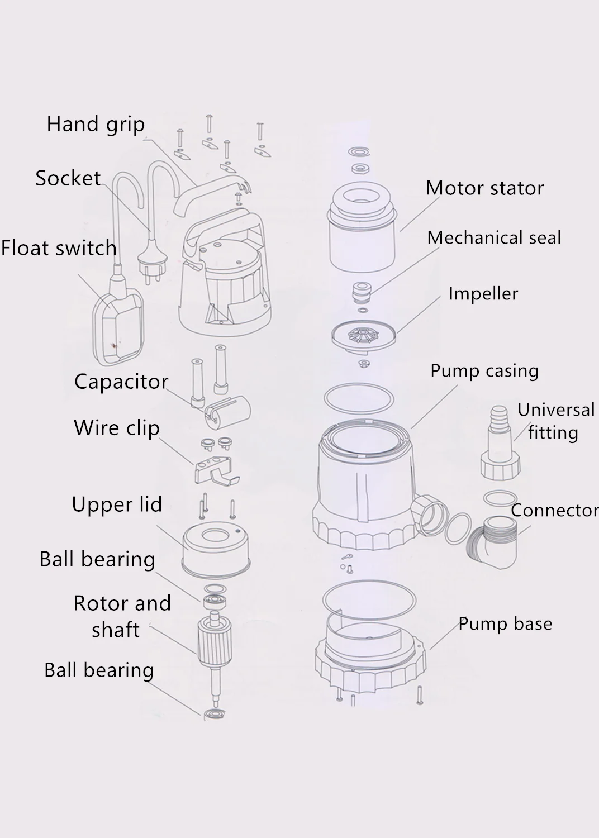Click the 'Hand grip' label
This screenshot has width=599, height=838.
96,125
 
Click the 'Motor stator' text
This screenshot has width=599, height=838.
485,188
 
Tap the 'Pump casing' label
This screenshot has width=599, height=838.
484,371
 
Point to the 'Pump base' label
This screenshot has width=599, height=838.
506,623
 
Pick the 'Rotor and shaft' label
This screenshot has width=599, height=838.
122,616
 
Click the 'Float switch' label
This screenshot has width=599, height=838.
59,248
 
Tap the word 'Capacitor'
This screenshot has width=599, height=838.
121,382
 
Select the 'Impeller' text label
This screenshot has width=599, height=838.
483,294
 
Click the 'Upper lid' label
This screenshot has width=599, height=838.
117,504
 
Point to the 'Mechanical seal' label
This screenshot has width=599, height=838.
494,237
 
